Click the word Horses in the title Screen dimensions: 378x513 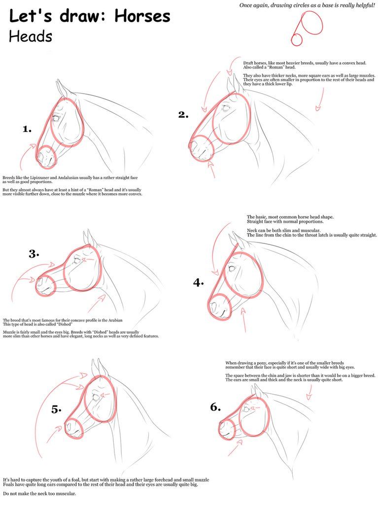pos(142,16)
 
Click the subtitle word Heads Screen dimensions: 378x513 pos(31,36)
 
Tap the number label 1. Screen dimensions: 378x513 pos(27,129)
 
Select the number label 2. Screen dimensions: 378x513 pos(183,115)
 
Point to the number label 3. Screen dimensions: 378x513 pos(34,254)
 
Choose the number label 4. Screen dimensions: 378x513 pos(198,282)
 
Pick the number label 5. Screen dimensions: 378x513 pos(56,410)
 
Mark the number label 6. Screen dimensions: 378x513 pos(215,408)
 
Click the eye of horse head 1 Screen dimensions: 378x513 pos(56,118)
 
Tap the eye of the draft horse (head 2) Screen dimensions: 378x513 pos(226,107)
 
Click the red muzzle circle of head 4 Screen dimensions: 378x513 pos(220,307)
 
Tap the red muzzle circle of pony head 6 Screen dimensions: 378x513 pos(227,429)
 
